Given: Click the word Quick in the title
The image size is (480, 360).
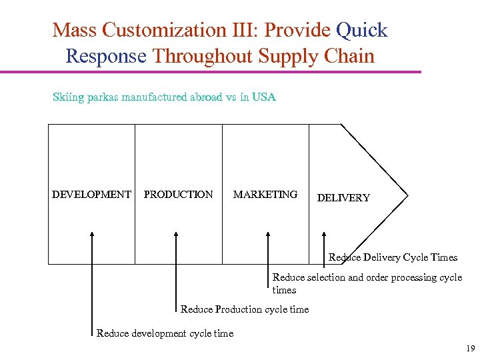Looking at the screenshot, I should click(362, 31).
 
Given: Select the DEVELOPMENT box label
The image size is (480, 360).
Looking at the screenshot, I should click(91, 195).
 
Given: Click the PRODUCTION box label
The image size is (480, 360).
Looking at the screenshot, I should click(179, 195).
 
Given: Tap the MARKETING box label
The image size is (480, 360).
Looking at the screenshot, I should click(265, 195).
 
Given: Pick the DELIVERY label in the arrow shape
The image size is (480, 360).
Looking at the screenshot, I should click(343, 198).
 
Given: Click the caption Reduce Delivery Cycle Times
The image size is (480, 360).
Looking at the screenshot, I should click(393, 257).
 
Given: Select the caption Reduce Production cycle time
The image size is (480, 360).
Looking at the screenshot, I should click(245, 309).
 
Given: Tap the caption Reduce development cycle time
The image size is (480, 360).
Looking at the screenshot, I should click(165, 333).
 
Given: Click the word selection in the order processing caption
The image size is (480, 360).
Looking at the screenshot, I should click(325, 277).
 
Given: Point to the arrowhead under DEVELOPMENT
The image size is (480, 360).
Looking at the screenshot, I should click(92, 234).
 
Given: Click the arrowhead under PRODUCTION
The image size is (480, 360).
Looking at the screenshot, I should click(176, 234).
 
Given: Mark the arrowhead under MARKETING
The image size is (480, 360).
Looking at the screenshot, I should click(268, 234).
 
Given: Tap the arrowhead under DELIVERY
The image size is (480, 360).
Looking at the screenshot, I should click(324, 234).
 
